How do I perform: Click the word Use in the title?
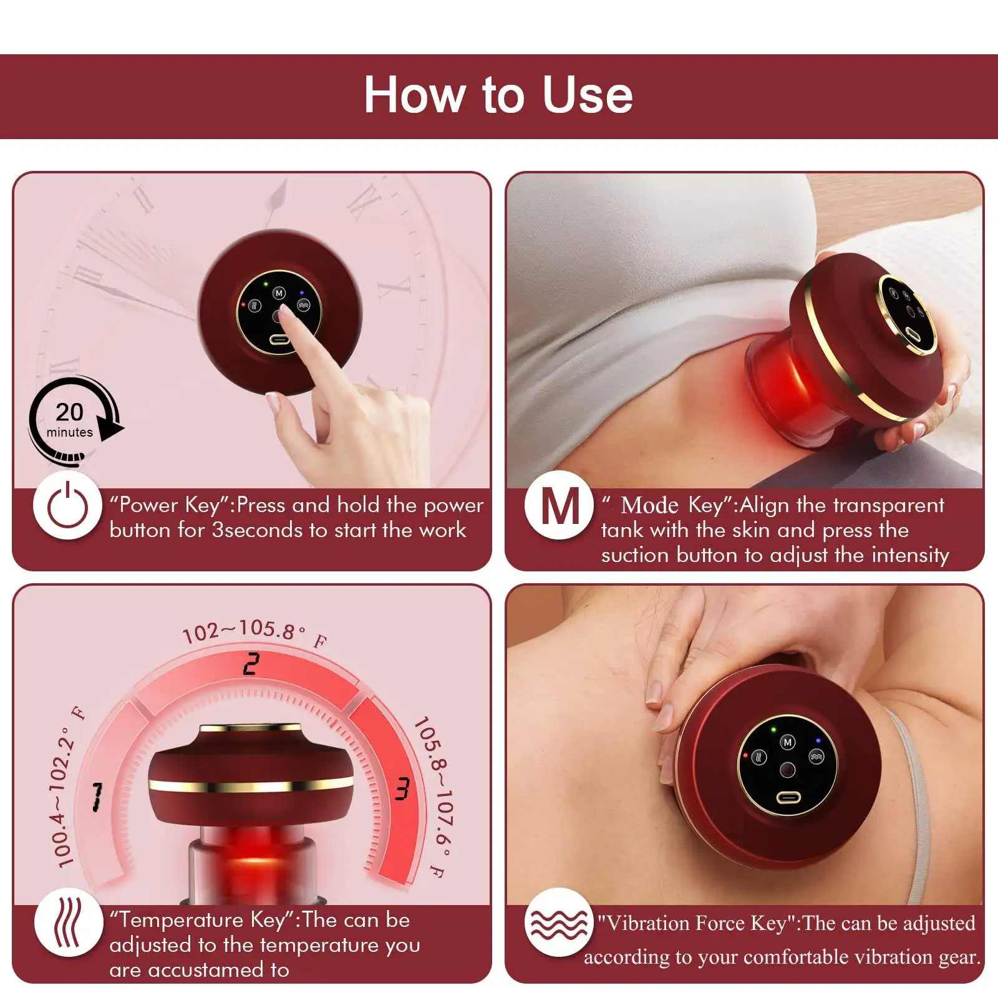click(587, 95)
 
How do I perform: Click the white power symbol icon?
click(67, 506)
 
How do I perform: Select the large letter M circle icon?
click(560, 506)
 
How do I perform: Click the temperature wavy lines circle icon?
click(67, 923)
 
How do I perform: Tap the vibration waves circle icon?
click(558, 923)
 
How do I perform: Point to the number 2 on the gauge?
click(251, 664)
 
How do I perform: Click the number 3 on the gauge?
click(402, 789)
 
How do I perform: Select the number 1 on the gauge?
click(97, 797)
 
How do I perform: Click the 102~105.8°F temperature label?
click(253, 631)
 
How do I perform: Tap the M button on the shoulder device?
click(788, 742)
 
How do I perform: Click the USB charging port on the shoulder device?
click(790, 798)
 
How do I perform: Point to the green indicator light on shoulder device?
click(773, 729)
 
